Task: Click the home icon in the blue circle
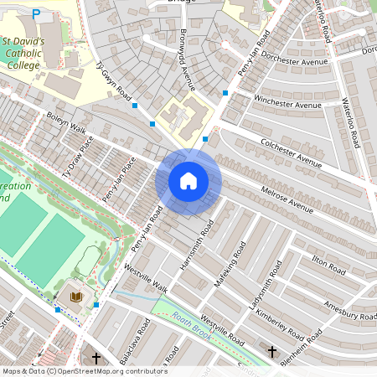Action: coord(188,181)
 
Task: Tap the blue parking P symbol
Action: coord(35,14)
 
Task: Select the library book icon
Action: coord(75,297)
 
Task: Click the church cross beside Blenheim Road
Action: coord(271,353)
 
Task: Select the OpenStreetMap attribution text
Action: coord(84,371)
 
